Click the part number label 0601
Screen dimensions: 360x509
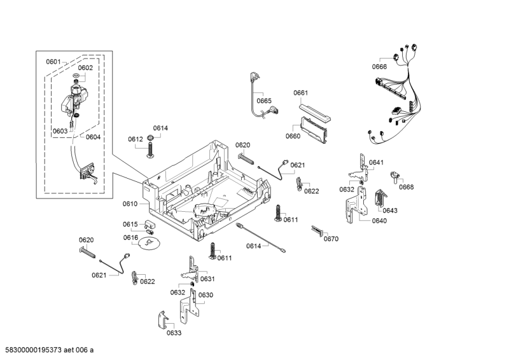[x=53, y=62]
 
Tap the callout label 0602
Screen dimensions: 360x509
[x=85, y=67]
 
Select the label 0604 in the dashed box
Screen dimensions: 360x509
[x=93, y=137]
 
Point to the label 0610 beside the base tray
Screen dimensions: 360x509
[x=130, y=204]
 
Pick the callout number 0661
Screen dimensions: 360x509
[x=301, y=93]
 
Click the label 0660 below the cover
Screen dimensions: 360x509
[x=293, y=136]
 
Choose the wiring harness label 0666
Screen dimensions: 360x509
[x=379, y=67]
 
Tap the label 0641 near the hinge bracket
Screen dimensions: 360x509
[x=376, y=163]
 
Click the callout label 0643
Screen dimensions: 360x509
[x=390, y=211]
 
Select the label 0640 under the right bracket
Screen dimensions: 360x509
[x=379, y=221]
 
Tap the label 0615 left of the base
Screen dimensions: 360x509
[x=130, y=224]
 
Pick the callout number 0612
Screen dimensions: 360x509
[x=135, y=139]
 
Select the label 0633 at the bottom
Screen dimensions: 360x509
[x=174, y=333]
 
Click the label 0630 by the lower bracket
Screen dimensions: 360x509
[x=206, y=295]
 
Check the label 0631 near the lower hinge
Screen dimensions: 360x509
[x=207, y=279]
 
